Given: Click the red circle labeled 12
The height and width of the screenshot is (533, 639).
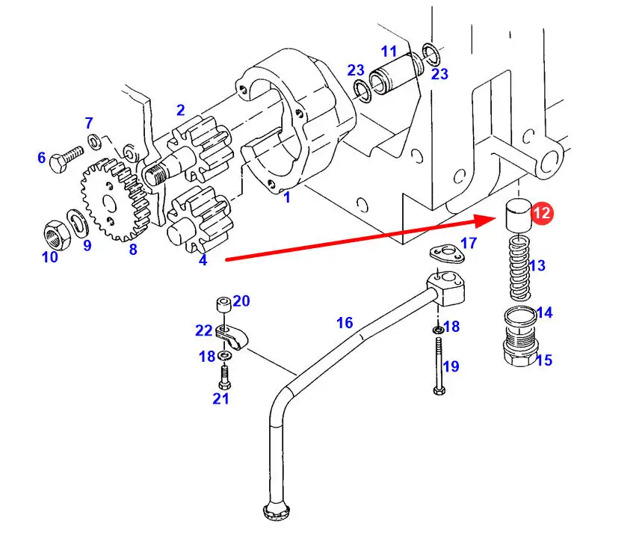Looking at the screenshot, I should tap(542, 213).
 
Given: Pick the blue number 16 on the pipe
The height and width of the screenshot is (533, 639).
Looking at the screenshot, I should tap(344, 323).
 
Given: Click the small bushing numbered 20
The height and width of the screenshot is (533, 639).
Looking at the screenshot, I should tap(222, 305).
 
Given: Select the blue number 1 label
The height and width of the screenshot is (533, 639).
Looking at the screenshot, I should tap(286, 198).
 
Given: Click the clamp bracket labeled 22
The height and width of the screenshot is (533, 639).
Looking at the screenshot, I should tap(229, 336).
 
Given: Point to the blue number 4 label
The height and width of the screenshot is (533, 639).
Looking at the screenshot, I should tap(203, 261).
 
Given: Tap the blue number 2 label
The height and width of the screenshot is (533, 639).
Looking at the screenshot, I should tap(180, 111).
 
